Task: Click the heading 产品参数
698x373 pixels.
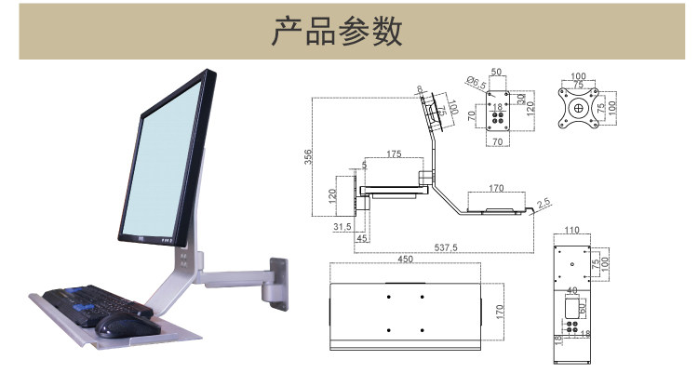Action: point(336,32)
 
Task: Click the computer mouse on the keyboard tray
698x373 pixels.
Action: point(124,324)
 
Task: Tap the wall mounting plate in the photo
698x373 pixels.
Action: point(278,282)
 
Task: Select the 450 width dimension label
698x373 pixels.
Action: point(406,260)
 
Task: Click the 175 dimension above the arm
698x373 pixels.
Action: point(392,153)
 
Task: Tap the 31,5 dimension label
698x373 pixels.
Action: point(342,226)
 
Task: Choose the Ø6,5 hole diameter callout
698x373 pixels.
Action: point(477,84)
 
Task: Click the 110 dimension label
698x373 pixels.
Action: point(571,228)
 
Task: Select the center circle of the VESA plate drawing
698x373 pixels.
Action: point(579,107)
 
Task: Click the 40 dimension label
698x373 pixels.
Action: point(571,289)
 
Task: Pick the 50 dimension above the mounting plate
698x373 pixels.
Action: point(496,72)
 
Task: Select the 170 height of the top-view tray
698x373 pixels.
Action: point(499,310)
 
